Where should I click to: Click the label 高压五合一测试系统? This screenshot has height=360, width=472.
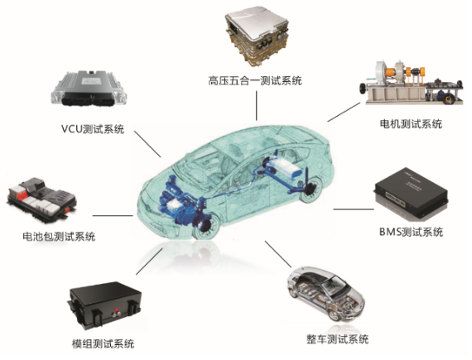click(x=255, y=81)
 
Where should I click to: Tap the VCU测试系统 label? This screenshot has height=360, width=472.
click(x=93, y=129)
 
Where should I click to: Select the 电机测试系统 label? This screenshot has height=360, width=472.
click(x=411, y=124)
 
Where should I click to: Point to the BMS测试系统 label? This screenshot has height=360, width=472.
click(x=411, y=232)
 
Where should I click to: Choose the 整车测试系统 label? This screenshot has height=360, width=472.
click(x=338, y=339)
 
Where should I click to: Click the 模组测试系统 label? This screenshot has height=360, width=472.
click(x=103, y=343)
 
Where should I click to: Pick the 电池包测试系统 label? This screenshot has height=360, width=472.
click(x=59, y=237)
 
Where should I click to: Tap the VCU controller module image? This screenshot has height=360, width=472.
click(x=89, y=88)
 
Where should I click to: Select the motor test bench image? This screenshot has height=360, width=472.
click(x=411, y=82)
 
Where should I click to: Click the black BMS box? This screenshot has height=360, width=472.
click(x=411, y=194)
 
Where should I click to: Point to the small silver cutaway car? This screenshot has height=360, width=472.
click(x=325, y=294)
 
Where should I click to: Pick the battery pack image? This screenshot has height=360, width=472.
click(x=41, y=199)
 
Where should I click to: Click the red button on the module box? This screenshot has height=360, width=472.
click(x=115, y=310)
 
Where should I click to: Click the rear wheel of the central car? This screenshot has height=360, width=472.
click(x=310, y=189)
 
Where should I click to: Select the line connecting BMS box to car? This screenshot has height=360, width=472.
click(x=354, y=209)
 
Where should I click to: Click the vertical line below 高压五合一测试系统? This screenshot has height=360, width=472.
click(x=257, y=106)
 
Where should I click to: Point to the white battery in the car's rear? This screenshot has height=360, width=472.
click(x=286, y=167)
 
